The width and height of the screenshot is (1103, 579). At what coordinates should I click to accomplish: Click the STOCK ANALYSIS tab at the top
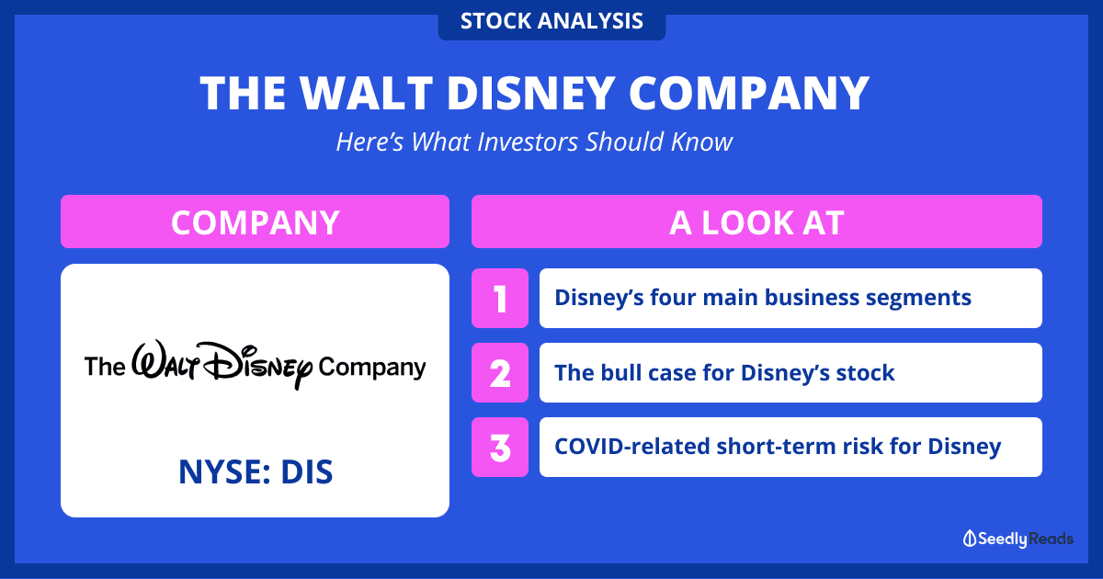pyautogui.click(x=551, y=21)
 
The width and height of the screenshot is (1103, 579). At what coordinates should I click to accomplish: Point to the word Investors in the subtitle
pyautogui.click(x=528, y=142)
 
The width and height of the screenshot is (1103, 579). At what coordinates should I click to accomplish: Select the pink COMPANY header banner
pyautogui.click(x=256, y=221)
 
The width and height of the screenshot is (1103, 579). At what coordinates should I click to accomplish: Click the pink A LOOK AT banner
pyautogui.click(x=756, y=221)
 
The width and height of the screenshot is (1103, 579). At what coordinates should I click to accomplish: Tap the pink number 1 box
pyautogui.click(x=500, y=299)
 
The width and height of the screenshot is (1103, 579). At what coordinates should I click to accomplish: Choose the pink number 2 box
pyautogui.click(x=500, y=373)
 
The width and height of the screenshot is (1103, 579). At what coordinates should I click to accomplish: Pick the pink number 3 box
pyautogui.click(x=500, y=447)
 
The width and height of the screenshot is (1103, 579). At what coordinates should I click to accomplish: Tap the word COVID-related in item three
pyautogui.click(x=631, y=447)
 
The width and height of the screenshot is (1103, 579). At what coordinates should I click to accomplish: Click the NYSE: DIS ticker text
pyautogui.click(x=256, y=471)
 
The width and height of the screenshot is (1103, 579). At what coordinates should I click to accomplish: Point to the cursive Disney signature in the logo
pyautogui.click(x=222, y=364)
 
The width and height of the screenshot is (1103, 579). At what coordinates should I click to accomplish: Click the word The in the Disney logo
pyautogui.click(x=105, y=367)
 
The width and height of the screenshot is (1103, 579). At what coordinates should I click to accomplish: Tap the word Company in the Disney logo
pyautogui.click(x=371, y=368)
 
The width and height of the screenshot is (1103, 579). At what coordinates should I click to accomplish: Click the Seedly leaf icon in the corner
pyautogui.click(x=970, y=539)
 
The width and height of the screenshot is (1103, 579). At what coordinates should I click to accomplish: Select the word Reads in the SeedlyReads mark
pyautogui.click(x=1051, y=539)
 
